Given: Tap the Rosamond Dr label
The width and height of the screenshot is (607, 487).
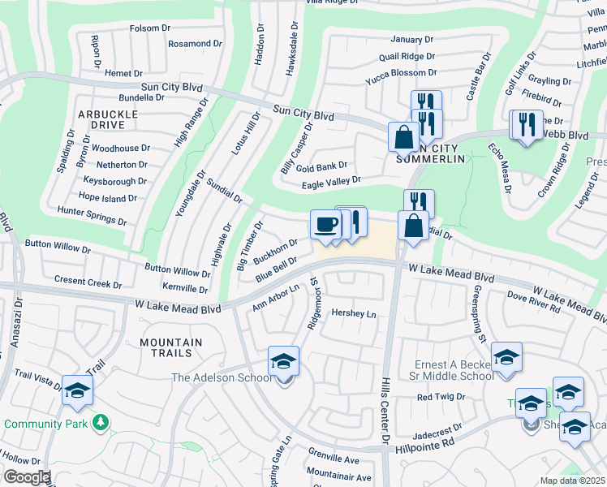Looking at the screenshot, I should (x=195, y=43).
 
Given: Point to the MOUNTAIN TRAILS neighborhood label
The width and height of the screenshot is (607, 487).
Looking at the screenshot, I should (x=166, y=348).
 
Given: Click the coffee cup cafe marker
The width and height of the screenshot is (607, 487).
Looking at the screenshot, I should (x=326, y=225).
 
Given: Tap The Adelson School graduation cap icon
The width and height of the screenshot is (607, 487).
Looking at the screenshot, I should (x=283, y=360).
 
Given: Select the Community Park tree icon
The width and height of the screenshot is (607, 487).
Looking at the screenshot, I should (x=101, y=423).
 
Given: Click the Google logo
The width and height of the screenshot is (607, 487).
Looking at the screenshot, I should (x=26, y=477).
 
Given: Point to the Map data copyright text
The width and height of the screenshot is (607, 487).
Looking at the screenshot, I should (x=572, y=481).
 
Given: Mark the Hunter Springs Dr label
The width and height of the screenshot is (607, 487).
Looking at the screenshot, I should (x=92, y=215).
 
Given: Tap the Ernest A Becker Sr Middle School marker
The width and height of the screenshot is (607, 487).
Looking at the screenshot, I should (x=506, y=357).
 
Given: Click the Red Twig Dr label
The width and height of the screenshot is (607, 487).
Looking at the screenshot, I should (x=441, y=397).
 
